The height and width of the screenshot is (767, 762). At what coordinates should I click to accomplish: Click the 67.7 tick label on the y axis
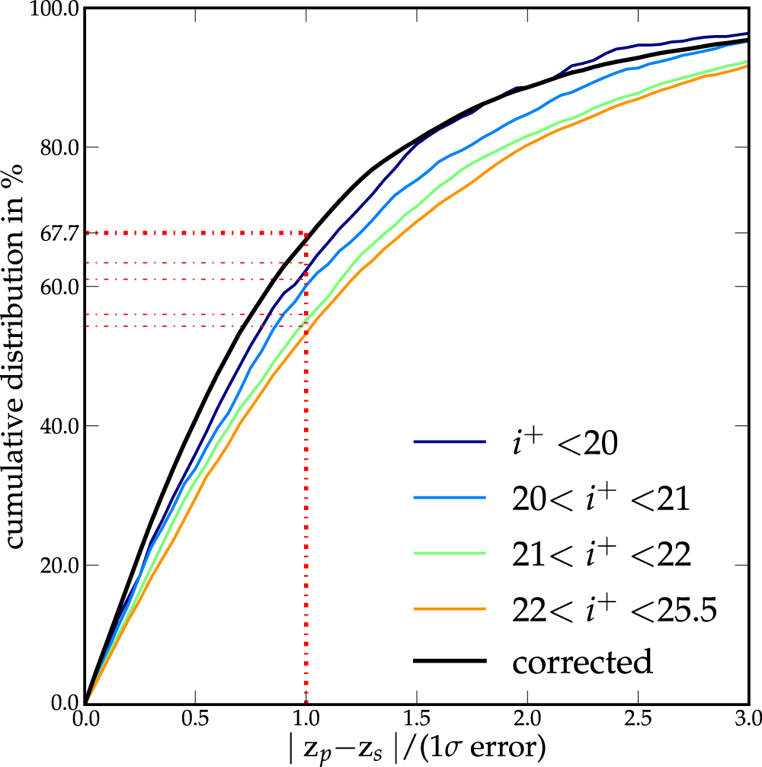point(56,233)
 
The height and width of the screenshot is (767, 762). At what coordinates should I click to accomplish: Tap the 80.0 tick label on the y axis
point(56,148)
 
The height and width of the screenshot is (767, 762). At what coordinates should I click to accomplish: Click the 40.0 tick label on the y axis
point(56,426)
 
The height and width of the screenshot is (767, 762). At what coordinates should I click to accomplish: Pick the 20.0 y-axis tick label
point(56,566)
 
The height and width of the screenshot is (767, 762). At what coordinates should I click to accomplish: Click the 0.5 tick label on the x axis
point(195,718)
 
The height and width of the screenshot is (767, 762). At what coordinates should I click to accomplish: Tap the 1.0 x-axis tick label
point(306,718)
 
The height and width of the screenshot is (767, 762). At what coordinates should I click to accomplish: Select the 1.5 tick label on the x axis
point(416,718)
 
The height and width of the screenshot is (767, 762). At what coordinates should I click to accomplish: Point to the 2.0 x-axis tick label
point(527,718)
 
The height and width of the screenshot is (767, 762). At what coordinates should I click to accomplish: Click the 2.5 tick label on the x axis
point(637,718)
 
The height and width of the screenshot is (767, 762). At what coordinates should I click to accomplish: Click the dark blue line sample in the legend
point(450,442)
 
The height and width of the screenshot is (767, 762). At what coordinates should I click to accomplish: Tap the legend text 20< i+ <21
point(600,499)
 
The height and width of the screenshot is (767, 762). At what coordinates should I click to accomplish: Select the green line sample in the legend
point(450,554)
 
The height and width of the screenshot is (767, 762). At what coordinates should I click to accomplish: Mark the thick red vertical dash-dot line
point(306,534)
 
